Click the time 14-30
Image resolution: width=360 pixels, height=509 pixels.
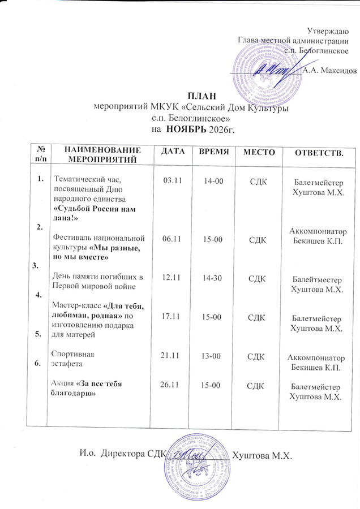(215, 278)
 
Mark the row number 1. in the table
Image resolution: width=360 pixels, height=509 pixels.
(40, 179)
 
